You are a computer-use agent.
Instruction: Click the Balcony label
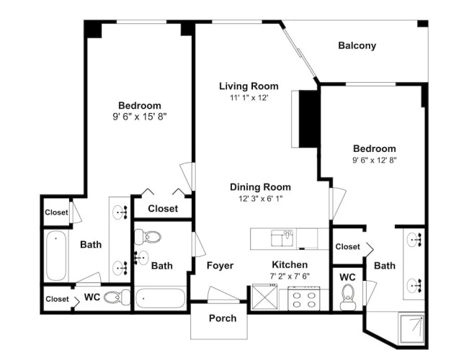(x=357, y=45)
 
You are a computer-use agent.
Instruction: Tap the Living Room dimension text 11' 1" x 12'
(x=249, y=98)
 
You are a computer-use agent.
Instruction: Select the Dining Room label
(x=260, y=187)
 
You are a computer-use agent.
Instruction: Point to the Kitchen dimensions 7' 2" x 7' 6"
(x=290, y=276)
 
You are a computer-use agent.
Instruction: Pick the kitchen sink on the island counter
(x=282, y=238)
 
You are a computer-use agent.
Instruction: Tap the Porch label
(x=223, y=318)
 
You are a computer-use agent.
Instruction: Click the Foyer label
(x=220, y=266)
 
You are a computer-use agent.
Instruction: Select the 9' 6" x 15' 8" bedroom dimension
(x=140, y=117)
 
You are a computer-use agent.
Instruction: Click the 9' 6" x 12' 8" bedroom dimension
(x=375, y=160)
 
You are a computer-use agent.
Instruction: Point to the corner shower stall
(x=412, y=329)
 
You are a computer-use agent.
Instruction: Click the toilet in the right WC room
(x=348, y=297)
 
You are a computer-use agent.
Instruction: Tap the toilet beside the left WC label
(x=117, y=297)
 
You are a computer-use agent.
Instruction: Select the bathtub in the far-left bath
(x=56, y=256)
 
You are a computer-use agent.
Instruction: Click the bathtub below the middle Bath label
(x=161, y=298)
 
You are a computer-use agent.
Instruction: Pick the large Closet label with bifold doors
(x=163, y=209)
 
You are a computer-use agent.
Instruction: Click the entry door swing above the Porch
(x=223, y=294)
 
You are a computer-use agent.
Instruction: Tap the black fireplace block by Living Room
(x=308, y=119)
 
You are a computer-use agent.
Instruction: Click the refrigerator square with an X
(x=264, y=297)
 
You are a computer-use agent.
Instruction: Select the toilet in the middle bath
(x=148, y=237)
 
